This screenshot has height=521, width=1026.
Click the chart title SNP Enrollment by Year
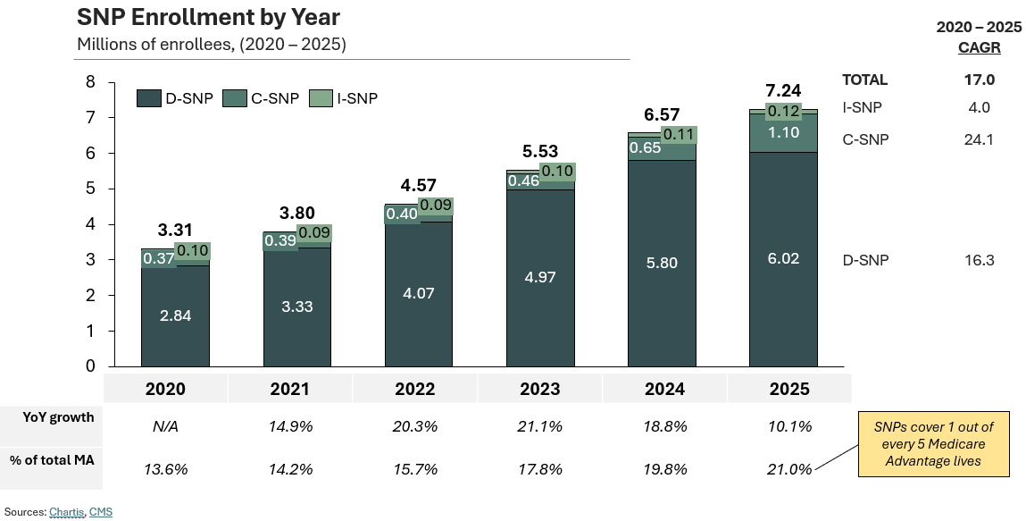[x=208, y=17]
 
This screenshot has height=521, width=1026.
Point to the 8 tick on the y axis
[x=89, y=82]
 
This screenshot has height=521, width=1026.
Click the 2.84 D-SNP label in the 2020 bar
[x=175, y=315]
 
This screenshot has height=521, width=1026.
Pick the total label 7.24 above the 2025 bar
[x=783, y=90]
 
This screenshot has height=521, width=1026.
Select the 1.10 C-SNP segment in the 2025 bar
[x=783, y=132]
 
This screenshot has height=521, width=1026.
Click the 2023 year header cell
[x=540, y=389]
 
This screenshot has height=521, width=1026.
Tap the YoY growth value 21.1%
[x=540, y=426]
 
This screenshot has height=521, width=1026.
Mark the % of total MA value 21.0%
[x=790, y=469]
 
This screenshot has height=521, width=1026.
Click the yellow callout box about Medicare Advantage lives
[x=933, y=444]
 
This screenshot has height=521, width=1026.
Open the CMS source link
[x=101, y=512]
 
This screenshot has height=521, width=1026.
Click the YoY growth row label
[x=59, y=417]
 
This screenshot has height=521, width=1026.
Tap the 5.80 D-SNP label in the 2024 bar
[x=662, y=264]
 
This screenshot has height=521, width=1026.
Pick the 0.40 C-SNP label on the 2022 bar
[x=403, y=214]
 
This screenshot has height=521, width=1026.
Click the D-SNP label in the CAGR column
[x=865, y=260]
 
